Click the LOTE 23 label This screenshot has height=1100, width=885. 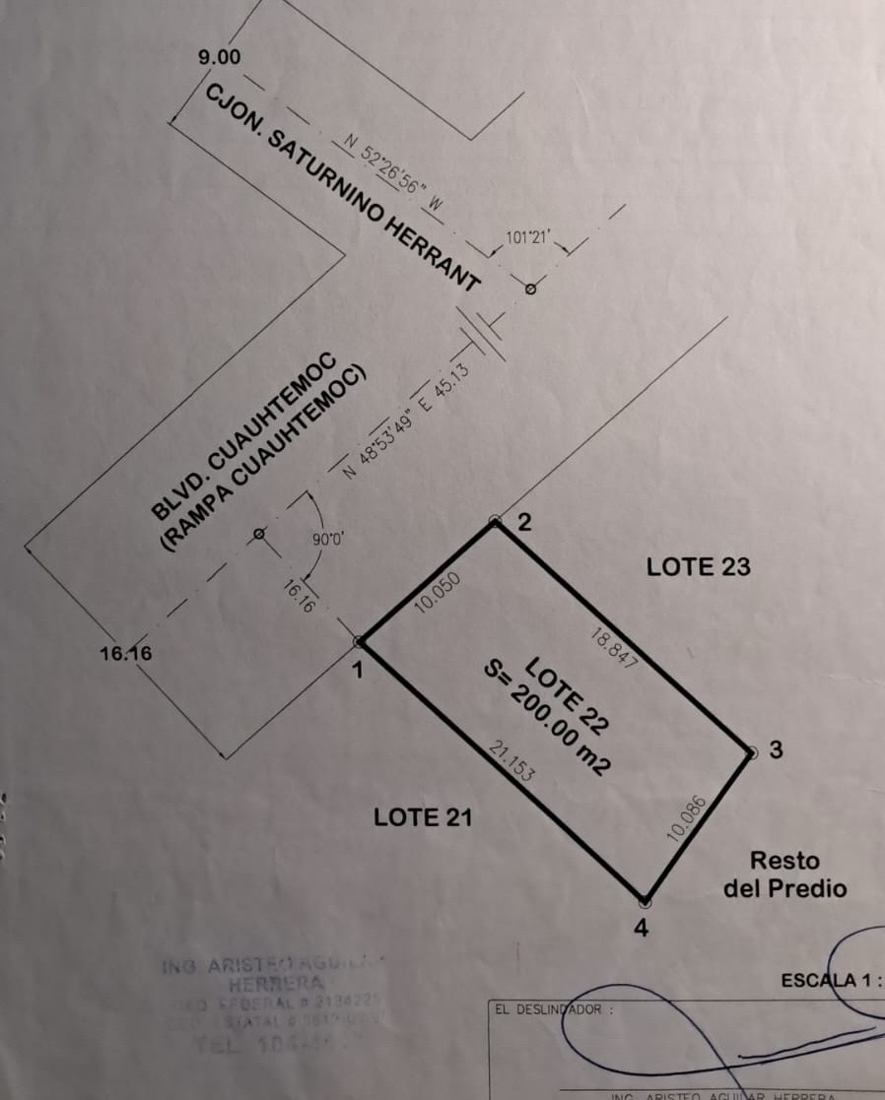(x=698, y=567)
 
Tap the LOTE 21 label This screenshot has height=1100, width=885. (x=424, y=816)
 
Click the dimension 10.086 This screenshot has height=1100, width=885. (x=687, y=817)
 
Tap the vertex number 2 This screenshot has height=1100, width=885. (x=524, y=523)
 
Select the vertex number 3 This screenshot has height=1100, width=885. (x=776, y=750)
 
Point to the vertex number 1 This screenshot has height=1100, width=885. (x=358, y=672)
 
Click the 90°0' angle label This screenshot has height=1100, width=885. (x=327, y=540)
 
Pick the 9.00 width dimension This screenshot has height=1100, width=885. (x=218, y=57)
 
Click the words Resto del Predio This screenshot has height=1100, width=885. (x=784, y=874)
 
